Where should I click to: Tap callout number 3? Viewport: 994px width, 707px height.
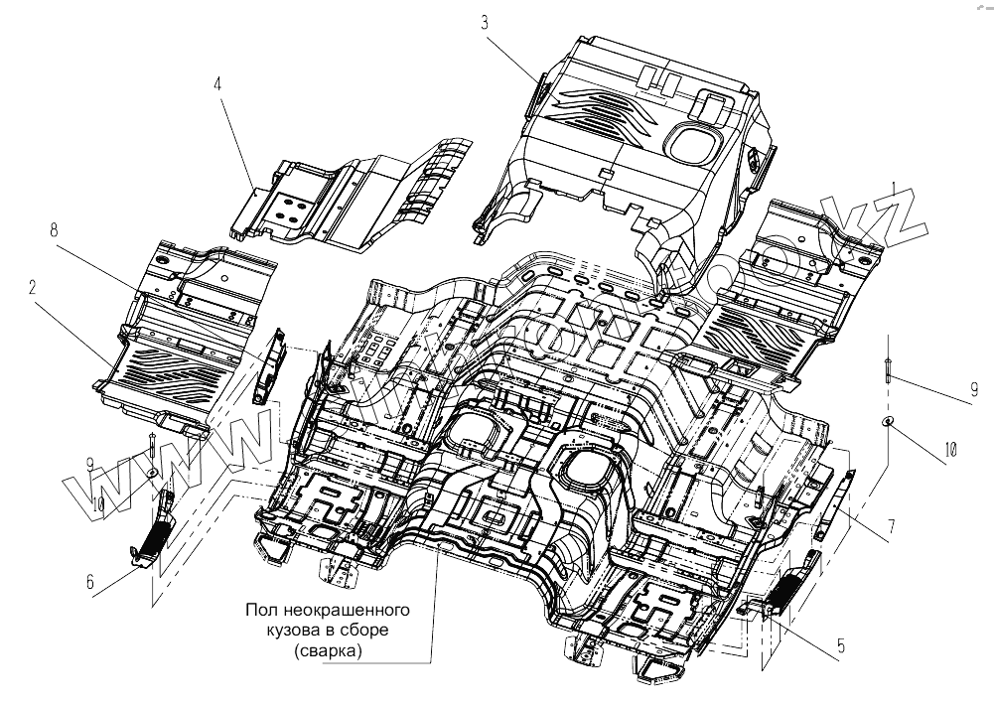point(485,22)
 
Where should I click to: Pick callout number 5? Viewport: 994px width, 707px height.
point(841,645)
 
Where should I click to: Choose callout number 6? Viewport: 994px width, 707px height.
point(90,583)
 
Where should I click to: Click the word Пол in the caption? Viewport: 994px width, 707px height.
point(261,609)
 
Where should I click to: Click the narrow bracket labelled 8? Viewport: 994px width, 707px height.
point(269,363)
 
